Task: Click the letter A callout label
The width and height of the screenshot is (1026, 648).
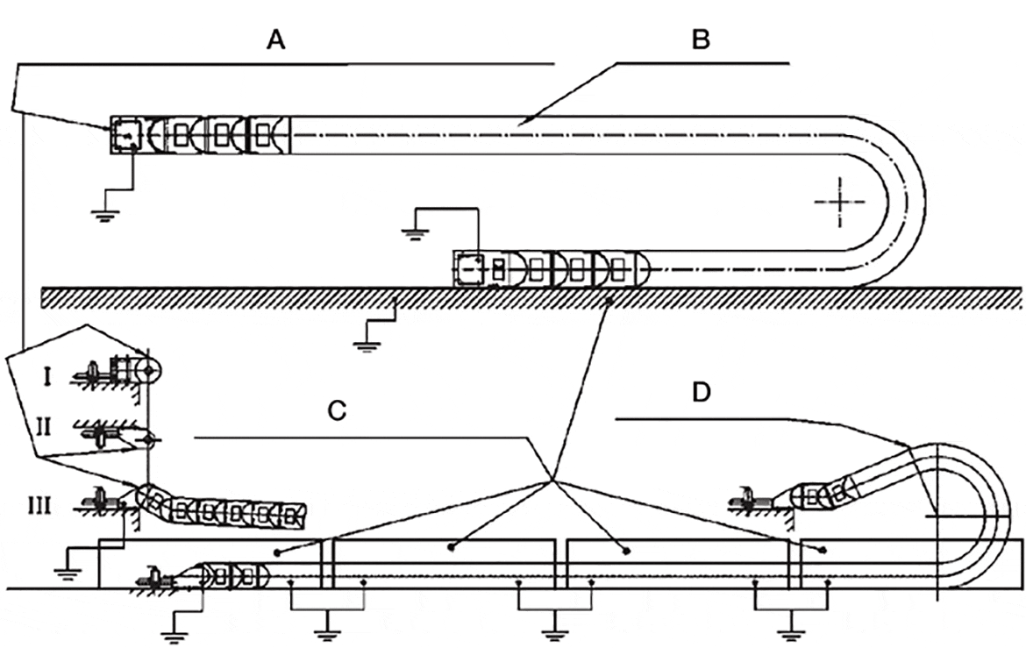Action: (276, 40)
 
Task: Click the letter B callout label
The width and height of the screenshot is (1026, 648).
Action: (700, 40)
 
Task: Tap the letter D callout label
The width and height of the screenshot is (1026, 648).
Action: (700, 392)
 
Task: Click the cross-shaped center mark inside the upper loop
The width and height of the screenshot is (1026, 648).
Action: (838, 202)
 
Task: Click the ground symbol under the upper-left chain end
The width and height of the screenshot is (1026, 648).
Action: (105, 215)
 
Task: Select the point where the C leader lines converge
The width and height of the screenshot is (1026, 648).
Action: (552, 481)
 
